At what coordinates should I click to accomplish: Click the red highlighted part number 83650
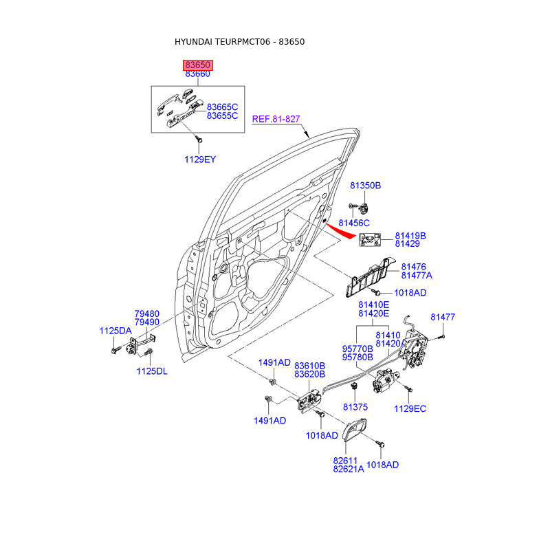[197, 65]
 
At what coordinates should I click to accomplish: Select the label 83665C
[222, 107]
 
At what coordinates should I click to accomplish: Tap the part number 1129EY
[199, 159]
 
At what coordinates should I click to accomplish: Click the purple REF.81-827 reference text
[276, 119]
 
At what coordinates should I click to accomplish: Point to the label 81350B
[365, 186]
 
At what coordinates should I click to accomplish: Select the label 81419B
[410, 236]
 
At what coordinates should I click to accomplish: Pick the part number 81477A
[417, 275]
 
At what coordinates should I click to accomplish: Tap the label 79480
[147, 313]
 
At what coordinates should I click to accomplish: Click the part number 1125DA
[115, 331]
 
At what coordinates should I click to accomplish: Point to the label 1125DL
[151, 372]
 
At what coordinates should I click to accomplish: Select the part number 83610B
[309, 365]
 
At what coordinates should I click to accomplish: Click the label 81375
[355, 406]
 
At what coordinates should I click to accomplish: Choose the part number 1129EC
[410, 409]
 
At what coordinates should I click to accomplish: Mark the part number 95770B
[357, 349]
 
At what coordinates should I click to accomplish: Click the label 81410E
[373, 304]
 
